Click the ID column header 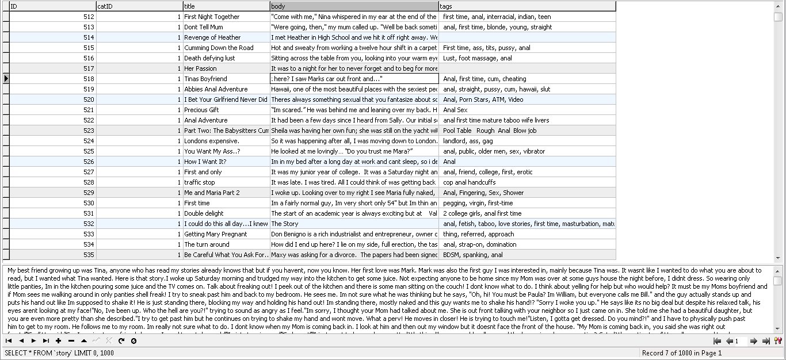click(x=52, y=6)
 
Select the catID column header click(x=139, y=6)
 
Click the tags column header click(x=526, y=6)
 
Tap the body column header click(x=354, y=6)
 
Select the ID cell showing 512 click(x=52, y=17)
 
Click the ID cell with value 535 click(x=52, y=255)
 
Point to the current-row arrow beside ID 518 click(x=6, y=79)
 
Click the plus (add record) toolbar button click(x=59, y=341)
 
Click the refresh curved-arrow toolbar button click(x=121, y=341)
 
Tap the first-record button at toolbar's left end click(x=9, y=341)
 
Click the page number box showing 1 click(x=739, y=341)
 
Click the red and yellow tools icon click(x=778, y=341)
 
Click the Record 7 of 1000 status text click(x=681, y=353)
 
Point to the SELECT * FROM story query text click(x=59, y=353)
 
